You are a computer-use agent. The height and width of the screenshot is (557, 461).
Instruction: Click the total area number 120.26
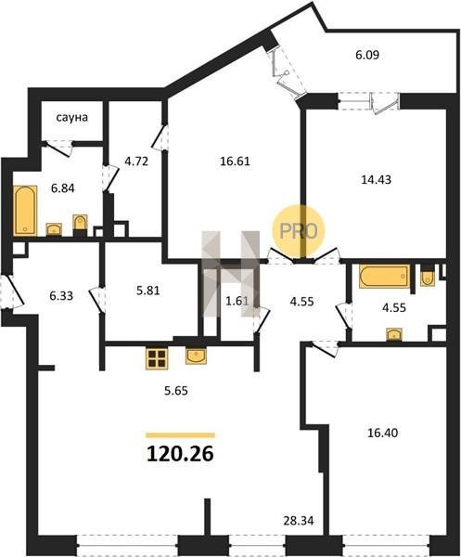click(x=180, y=454)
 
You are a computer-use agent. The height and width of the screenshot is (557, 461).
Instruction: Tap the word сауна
click(x=72, y=117)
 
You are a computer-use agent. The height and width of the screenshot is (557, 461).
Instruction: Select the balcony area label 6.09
click(x=367, y=55)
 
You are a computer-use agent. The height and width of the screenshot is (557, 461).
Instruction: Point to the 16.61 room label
click(x=235, y=162)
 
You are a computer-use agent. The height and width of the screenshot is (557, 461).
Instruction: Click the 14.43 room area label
click(x=377, y=179)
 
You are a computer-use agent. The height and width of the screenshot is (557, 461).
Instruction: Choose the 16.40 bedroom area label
click(x=382, y=433)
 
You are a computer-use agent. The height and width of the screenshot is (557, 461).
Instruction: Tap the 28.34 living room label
click(x=299, y=521)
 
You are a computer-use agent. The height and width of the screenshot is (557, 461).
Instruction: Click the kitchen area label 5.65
click(x=176, y=391)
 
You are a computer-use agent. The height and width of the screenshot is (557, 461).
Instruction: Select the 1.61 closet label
click(x=237, y=301)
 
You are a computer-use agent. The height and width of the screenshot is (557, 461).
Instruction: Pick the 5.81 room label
click(x=148, y=291)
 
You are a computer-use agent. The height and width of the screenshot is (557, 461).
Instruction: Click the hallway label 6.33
click(x=61, y=295)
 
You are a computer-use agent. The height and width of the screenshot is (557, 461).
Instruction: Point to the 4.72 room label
click(x=136, y=162)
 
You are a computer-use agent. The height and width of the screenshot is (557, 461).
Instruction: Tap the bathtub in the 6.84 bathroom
click(x=25, y=211)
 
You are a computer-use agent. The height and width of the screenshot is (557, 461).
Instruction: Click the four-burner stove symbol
click(x=157, y=358)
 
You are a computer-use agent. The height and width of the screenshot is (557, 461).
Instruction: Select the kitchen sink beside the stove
click(x=196, y=356)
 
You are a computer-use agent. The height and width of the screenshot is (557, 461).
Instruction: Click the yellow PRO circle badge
click(x=299, y=230)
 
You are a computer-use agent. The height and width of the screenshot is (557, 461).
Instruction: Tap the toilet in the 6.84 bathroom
click(x=80, y=224)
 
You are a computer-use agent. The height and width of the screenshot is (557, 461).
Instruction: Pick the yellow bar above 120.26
click(x=181, y=435)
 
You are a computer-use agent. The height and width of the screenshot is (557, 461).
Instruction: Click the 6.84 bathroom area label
click(x=63, y=188)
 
